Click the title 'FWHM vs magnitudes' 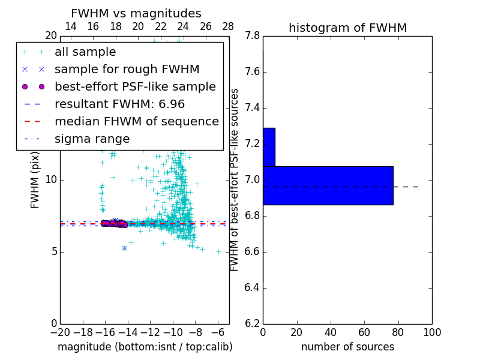tap(136, 14)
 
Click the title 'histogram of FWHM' tap(347, 28)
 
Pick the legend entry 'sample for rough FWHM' tap(127, 70)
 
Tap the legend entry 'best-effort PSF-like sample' tap(135, 87)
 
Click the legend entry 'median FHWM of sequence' tap(136, 122)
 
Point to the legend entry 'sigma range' tap(92, 139)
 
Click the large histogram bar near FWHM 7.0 tap(328, 185)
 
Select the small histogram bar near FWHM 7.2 tap(269, 147)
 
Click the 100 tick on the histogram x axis tap(431, 332)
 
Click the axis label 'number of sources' tap(347, 347)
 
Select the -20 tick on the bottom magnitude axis tap(60, 332)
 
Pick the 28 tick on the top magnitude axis tap(228, 26)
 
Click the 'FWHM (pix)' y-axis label tap(35, 179)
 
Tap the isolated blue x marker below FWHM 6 tap(124, 248)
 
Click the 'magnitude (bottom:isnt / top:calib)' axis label tap(145, 347)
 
